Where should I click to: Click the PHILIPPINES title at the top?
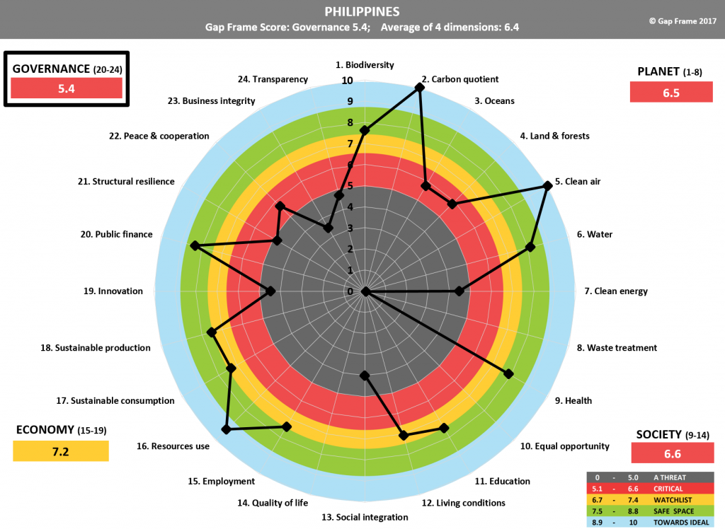coord(362,12)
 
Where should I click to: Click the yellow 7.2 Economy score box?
coord(60,451)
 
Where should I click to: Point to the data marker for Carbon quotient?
coord(420,87)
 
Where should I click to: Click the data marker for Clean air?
coord(547,186)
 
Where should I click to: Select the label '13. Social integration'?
coord(365,517)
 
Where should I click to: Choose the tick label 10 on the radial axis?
coord(347,81)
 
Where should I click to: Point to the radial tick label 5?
coord(350,187)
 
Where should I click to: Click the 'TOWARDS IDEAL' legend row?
coord(651,521)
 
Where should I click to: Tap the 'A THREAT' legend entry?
coord(651,478)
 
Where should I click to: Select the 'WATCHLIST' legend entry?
coord(651,499)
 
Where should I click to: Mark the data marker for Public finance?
coord(195,246)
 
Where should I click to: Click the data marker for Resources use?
coord(226,429)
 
